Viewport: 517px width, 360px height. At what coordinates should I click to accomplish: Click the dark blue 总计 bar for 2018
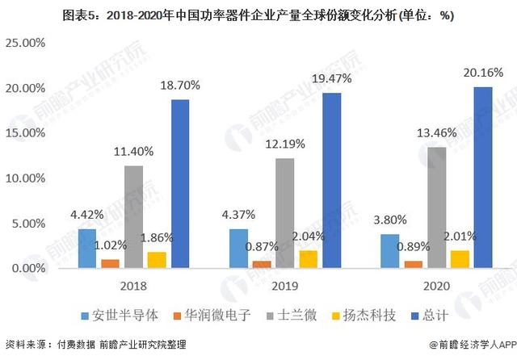coord(179,183)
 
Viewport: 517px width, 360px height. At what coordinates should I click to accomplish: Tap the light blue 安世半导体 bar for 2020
coord(390,250)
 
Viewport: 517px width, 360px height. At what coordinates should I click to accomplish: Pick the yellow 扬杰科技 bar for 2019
coord(308,258)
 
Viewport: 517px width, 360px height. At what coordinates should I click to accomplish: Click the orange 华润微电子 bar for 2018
coord(111,263)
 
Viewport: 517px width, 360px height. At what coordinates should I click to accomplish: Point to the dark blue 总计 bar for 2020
coord(482,177)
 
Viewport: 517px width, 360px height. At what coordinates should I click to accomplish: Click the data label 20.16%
coord(482,73)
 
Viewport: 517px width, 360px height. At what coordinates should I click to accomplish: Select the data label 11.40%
coord(133,151)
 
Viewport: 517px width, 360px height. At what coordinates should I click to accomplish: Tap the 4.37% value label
coord(240,215)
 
